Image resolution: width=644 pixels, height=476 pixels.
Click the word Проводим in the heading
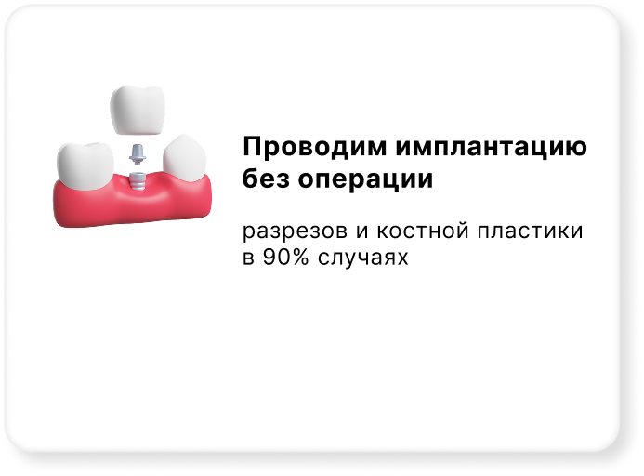click(x=315, y=147)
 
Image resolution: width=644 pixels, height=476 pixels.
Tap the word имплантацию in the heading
click(x=492, y=148)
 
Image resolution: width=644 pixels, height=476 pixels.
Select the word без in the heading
click(x=266, y=178)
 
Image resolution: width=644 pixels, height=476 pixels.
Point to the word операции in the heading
click(x=365, y=181)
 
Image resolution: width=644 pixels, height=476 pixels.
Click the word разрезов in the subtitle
click(x=295, y=231)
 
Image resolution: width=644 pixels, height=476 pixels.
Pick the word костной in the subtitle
click(x=423, y=230)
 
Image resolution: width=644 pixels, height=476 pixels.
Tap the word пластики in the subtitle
click(x=531, y=231)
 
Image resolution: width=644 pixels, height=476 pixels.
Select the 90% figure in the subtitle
click(x=285, y=258)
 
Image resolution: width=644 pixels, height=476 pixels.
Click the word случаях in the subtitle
click(x=362, y=258)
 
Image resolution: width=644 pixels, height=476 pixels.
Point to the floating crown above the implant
click(x=138, y=110)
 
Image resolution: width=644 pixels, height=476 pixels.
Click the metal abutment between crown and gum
click(x=137, y=154)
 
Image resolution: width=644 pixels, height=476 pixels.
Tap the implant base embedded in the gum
click(x=137, y=181)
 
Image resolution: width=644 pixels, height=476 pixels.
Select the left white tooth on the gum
click(x=85, y=165)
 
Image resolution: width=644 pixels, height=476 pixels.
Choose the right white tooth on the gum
click(x=184, y=159)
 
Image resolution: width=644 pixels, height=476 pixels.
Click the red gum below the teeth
click(x=132, y=203)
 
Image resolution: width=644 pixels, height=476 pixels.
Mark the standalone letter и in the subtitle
click(x=361, y=231)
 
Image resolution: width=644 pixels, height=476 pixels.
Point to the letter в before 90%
click(x=248, y=258)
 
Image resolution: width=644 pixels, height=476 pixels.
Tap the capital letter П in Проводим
click(x=252, y=147)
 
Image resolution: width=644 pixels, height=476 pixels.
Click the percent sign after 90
click(x=301, y=258)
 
